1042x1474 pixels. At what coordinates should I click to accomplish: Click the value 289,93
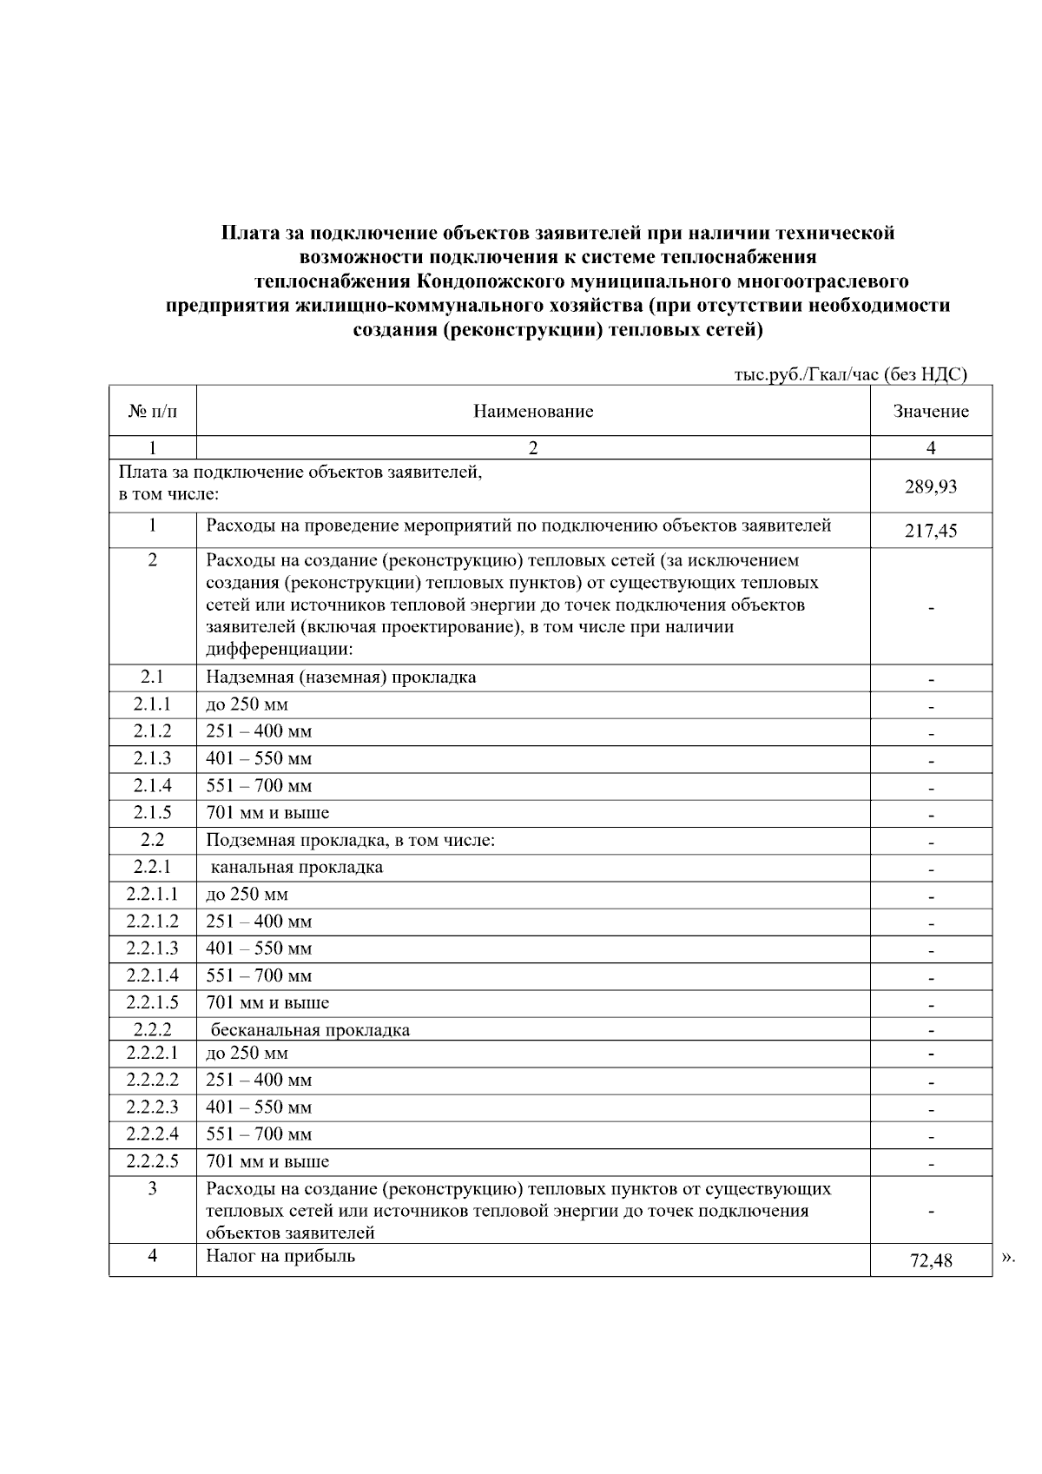pos(931,486)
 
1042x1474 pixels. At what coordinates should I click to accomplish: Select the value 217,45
pos(931,530)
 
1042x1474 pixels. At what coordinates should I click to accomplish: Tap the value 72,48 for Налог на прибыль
pos(931,1260)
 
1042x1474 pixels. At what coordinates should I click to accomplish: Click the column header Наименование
pos(533,412)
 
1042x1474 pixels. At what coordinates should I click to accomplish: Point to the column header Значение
pos(931,412)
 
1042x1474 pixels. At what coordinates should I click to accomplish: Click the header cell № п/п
pos(153,412)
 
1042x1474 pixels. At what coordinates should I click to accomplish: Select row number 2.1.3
pos(153,758)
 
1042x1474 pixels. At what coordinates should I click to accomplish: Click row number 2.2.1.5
pos(153,1002)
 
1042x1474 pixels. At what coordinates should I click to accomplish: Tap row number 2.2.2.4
pos(153,1134)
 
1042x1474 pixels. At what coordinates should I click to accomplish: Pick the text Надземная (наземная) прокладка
pos(340,677)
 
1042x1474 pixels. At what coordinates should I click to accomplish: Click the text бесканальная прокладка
pos(310,1030)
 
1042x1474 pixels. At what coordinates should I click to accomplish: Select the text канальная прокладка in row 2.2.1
pos(296,867)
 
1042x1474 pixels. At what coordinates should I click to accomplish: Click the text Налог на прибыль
pos(280,1256)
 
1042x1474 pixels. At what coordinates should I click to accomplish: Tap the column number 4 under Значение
pos(931,448)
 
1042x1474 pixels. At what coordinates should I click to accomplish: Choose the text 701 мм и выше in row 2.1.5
pos(267,813)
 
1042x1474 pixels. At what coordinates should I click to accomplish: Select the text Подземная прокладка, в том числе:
pos(350,840)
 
